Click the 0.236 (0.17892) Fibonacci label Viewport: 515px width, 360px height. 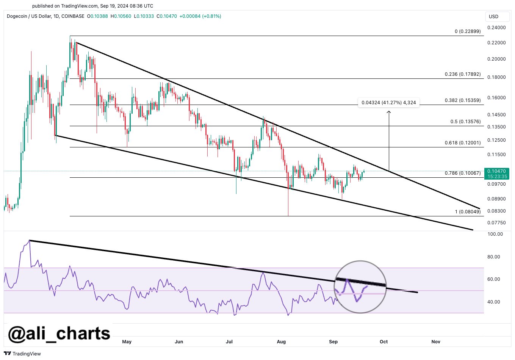462,74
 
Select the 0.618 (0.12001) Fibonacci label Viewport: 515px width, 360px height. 462,143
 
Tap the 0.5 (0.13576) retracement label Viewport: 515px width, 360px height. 465,122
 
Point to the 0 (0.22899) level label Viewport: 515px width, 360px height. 468,31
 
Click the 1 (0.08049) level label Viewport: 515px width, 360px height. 468,211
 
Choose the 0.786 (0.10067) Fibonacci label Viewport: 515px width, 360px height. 462,173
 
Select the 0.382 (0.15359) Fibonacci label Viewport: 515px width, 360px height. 462,100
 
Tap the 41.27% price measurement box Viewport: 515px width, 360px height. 388,102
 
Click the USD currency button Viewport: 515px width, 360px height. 493,17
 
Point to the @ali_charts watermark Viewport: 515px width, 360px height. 59,333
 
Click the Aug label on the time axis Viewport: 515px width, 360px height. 281,342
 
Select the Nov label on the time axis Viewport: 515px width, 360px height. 436,342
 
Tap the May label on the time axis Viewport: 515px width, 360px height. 127,342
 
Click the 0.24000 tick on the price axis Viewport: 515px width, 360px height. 496,28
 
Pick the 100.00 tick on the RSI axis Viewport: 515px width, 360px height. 495,234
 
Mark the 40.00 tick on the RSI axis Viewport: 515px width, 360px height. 495,302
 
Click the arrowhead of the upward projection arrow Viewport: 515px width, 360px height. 389,112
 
